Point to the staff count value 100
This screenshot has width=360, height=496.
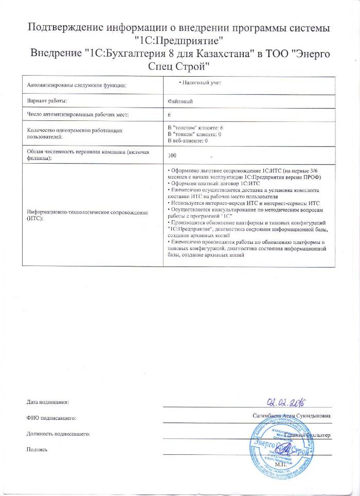point(173,155)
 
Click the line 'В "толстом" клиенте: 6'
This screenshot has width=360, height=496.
point(196,127)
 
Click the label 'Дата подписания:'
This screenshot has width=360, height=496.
point(47,401)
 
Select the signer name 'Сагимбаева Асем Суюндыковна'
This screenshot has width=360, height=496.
point(292,416)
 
